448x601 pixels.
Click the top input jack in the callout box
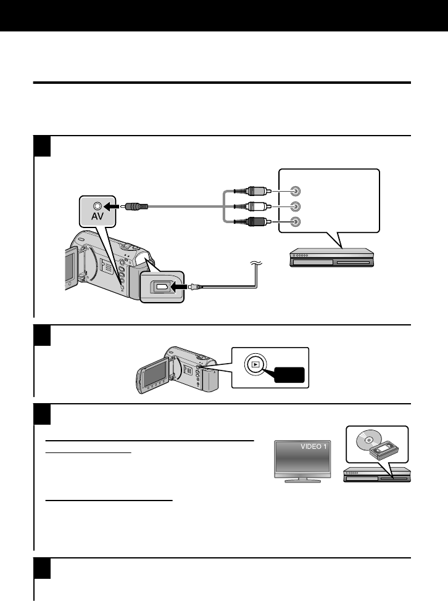point(296,191)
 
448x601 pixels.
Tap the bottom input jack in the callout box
point(296,221)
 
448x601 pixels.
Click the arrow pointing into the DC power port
point(180,287)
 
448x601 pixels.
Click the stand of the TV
point(298,479)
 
